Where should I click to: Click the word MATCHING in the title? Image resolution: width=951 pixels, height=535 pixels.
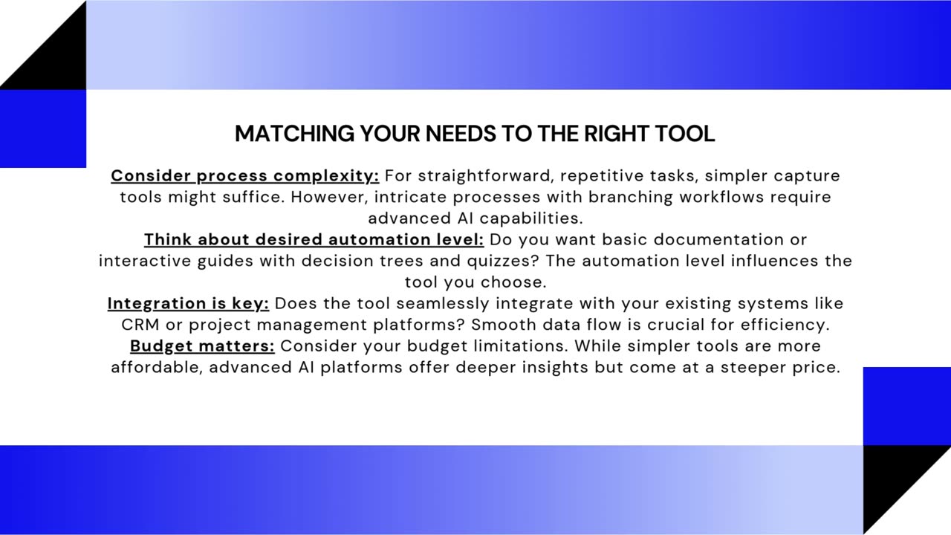pyautogui.click(x=295, y=133)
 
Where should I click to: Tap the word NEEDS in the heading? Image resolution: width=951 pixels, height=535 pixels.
pyautogui.click(x=461, y=133)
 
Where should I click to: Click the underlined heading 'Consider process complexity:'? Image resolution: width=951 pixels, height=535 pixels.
pyautogui.click(x=245, y=176)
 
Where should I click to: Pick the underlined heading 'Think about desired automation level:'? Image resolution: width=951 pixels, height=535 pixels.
pyautogui.click(x=314, y=239)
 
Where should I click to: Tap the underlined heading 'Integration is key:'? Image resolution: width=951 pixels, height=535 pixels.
pyautogui.click(x=188, y=304)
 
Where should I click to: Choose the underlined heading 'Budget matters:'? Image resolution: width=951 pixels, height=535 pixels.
pyautogui.click(x=202, y=346)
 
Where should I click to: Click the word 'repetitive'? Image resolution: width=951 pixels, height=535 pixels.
pyautogui.click(x=602, y=176)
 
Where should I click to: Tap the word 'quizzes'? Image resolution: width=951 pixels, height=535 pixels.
pyautogui.click(x=503, y=261)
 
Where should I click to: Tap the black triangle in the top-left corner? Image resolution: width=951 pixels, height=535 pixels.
pyautogui.click(x=58, y=60)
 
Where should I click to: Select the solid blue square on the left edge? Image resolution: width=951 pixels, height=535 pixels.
pyautogui.click(x=43, y=129)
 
